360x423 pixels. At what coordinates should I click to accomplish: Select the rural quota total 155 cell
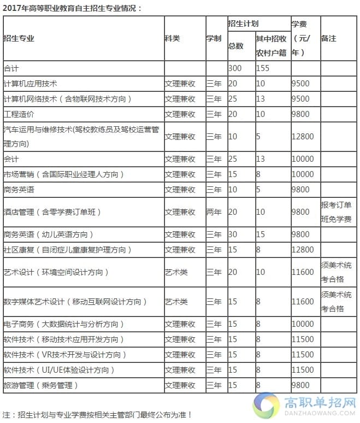[x=263, y=68]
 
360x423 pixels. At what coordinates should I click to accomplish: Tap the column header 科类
[x=172, y=38]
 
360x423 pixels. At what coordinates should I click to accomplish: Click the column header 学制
[x=214, y=38]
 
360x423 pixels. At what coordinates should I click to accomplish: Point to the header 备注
[x=329, y=38]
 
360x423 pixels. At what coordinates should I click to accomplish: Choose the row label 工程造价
[x=19, y=114]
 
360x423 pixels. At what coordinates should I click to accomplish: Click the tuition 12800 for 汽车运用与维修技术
[x=303, y=137]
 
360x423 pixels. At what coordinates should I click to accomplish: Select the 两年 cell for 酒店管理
[x=214, y=212]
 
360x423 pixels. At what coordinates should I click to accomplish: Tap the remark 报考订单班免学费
[x=337, y=212]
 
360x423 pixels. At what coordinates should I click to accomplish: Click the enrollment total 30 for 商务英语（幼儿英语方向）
[x=233, y=234]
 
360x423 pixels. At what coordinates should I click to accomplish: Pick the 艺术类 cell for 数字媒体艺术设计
[x=176, y=301]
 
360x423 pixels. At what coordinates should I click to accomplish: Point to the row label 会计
[x=11, y=159]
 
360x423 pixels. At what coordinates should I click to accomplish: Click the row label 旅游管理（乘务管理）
[x=41, y=385]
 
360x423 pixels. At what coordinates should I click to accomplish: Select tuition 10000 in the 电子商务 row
[x=303, y=324]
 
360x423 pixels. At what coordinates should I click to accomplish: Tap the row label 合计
[x=11, y=68]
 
